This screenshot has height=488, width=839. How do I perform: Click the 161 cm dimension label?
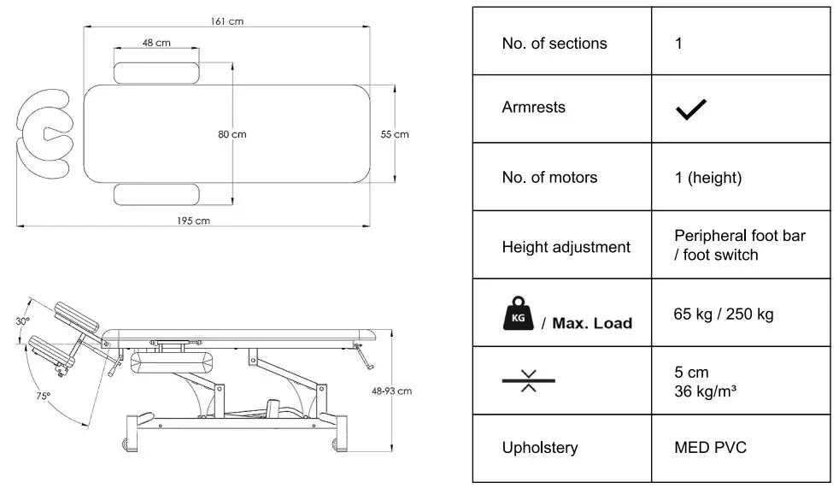[x=227, y=21]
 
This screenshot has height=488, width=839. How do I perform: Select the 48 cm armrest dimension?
[x=156, y=42]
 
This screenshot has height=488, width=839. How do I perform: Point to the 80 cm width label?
[x=232, y=134]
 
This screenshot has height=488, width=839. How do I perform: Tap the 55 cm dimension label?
[x=395, y=134]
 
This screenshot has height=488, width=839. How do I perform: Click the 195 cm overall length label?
[x=194, y=220]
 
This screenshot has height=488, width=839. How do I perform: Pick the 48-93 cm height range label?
[x=392, y=391]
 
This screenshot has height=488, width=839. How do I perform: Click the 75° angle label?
[x=43, y=396]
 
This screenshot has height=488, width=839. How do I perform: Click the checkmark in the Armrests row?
[x=690, y=109]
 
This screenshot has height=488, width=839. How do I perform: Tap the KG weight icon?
[x=517, y=314]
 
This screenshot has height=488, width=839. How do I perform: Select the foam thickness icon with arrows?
[x=528, y=381]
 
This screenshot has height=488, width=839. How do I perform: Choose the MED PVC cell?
[x=710, y=448]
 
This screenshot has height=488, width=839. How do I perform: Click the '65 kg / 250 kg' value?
[x=724, y=314]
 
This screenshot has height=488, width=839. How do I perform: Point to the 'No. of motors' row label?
[x=549, y=178]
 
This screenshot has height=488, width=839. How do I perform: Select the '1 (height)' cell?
[x=707, y=178]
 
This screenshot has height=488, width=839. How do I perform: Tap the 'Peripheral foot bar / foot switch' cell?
[x=739, y=245]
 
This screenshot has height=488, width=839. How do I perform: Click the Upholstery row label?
[x=540, y=448]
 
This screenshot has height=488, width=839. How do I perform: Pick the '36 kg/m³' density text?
[x=706, y=392]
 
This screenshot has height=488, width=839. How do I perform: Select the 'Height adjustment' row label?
[x=566, y=247]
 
